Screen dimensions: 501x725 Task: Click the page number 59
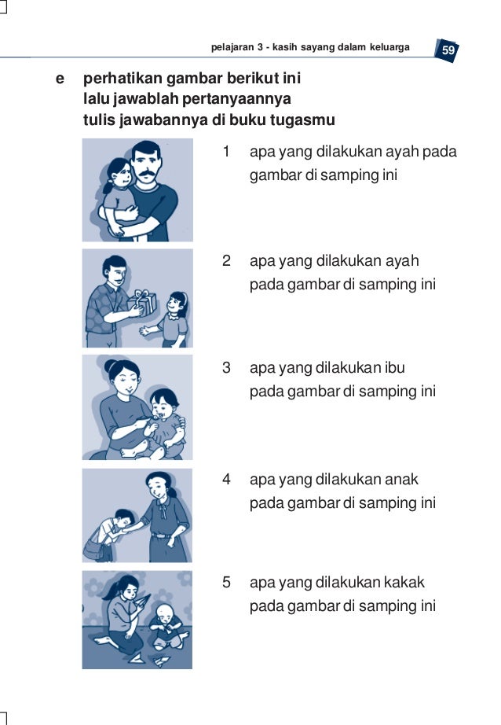click(x=448, y=50)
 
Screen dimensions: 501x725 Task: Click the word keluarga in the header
click(x=389, y=47)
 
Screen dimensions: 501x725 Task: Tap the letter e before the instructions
click(x=60, y=79)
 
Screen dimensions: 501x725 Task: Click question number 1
click(x=226, y=151)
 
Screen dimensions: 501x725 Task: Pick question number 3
click(x=226, y=367)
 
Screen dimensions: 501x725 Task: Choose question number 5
click(x=226, y=582)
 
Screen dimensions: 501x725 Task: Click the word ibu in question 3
click(x=394, y=367)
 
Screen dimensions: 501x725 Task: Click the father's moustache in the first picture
click(x=147, y=175)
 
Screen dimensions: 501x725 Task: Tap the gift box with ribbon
click(x=142, y=303)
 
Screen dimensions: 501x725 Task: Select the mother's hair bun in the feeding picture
click(x=110, y=366)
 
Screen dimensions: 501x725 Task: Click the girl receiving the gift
click(x=172, y=319)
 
